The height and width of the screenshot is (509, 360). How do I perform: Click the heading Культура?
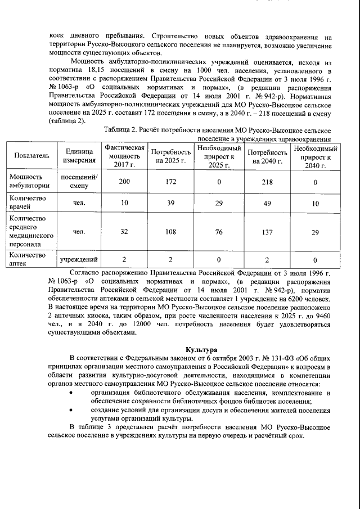(201, 350)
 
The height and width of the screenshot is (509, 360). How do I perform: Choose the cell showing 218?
(268, 182)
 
